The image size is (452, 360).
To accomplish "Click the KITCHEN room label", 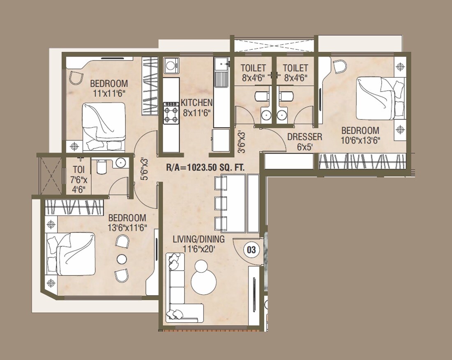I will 197,103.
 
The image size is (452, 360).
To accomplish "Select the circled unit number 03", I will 250,249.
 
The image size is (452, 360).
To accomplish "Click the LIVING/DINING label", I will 198,239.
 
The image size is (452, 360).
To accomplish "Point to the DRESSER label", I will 304,137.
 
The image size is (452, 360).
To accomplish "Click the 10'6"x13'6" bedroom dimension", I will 361,140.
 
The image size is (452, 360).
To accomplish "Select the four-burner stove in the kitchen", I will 171,113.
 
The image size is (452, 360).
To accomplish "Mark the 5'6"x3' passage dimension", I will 144,168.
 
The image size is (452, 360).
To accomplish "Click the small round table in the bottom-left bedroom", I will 122,259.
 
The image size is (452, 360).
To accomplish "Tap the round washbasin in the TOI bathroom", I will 120,163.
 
